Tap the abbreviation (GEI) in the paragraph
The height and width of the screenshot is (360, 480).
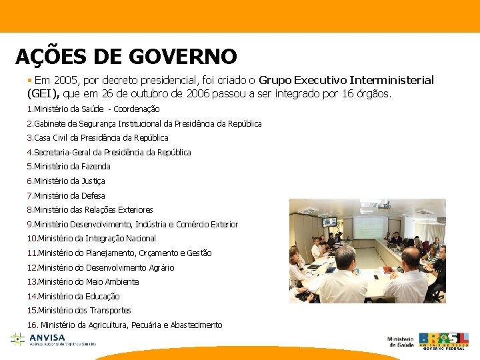point(43,94)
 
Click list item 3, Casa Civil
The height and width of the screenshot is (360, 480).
point(97,138)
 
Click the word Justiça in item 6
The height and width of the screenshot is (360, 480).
point(93,181)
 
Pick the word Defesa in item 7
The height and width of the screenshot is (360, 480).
point(93,195)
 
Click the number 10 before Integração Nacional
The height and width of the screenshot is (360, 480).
point(31,239)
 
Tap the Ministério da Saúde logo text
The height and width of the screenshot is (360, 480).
point(400,341)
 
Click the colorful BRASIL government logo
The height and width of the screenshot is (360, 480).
point(443,340)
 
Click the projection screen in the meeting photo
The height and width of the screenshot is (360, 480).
point(369,227)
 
